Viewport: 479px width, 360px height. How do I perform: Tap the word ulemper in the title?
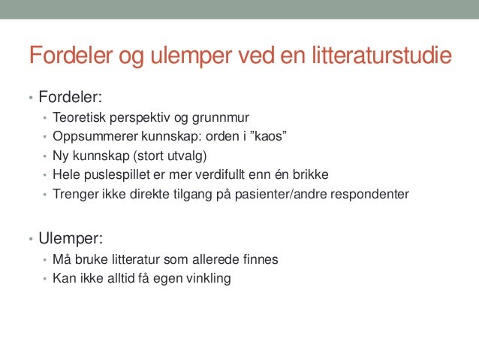tap(184, 56)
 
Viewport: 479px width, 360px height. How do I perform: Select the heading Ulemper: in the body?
tap(70, 240)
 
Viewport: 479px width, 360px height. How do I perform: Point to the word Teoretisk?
tap(80, 119)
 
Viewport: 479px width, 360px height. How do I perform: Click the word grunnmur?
tap(221, 119)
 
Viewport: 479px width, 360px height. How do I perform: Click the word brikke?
tap(311, 175)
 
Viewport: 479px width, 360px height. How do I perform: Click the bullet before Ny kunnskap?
tap(44, 157)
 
